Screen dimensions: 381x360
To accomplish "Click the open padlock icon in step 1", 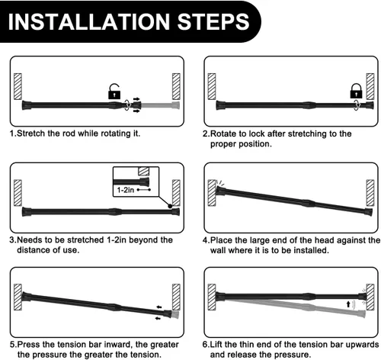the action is (114, 92).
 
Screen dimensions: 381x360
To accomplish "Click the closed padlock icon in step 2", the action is (356, 91).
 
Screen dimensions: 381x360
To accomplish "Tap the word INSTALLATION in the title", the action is (89, 21).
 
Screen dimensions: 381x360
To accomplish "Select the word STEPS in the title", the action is (213, 21).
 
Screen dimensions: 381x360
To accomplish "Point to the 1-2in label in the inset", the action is (125, 190).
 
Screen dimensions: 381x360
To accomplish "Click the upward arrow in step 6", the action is (348, 304).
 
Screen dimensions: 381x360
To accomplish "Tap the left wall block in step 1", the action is (18, 86).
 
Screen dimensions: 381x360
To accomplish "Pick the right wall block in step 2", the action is (370, 86).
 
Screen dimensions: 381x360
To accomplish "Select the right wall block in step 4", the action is (370, 193).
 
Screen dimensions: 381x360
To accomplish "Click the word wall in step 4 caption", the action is (218, 250).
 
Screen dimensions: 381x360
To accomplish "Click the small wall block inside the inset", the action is (143, 171).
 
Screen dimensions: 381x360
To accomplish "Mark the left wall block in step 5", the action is (18, 297).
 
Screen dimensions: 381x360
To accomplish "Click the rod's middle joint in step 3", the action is (115, 211).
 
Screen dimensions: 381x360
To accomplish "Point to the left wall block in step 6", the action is (212, 297).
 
